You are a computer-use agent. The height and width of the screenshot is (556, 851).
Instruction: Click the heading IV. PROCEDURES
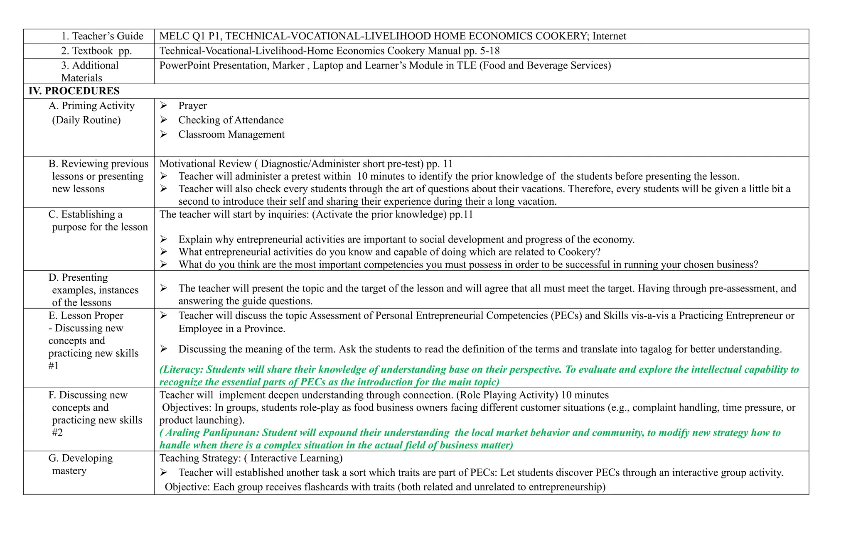click(74, 91)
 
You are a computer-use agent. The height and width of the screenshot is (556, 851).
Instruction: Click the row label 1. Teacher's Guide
click(102, 36)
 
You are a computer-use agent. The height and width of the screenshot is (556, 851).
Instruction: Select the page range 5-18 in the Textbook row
click(489, 51)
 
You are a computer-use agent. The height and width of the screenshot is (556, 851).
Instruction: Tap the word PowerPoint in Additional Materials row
click(184, 65)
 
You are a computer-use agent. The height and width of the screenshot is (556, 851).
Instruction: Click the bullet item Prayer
click(192, 105)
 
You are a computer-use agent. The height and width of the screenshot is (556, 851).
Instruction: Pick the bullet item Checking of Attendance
click(231, 120)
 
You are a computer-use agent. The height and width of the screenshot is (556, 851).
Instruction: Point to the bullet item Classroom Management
click(231, 135)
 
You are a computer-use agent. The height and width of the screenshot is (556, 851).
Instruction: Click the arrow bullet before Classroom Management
click(164, 134)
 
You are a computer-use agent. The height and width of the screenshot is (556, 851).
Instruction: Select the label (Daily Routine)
click(86, 120)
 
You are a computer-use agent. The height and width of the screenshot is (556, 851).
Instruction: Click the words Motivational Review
click(205, 164)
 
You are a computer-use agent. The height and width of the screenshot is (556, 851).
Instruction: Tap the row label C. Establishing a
click(85, 214)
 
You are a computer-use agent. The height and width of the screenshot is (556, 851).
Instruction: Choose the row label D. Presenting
click(78, 277)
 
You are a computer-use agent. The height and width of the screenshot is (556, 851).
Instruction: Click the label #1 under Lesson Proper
click(54, 366)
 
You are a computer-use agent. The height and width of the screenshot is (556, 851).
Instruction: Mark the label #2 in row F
click(57, 433)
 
